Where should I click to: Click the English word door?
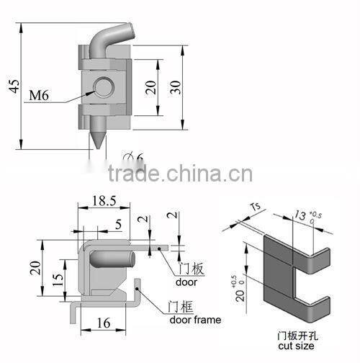(x=188, y=281)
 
